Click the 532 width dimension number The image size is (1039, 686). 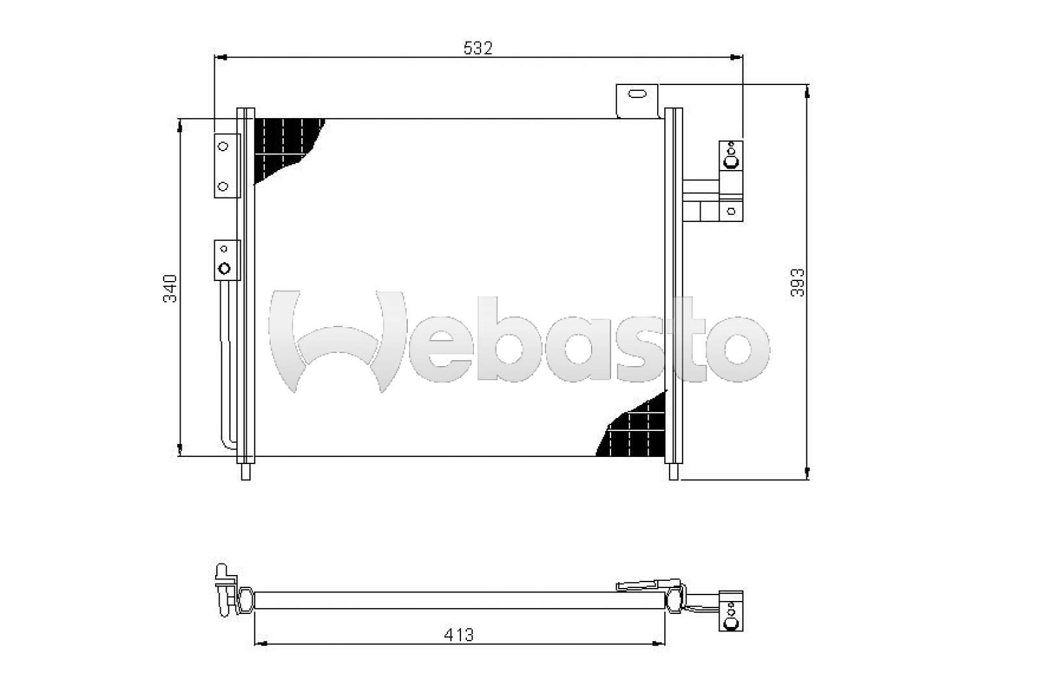[478, 48]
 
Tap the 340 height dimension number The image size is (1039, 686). [170, 288]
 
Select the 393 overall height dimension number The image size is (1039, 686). [797, 283]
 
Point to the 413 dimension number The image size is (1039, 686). [459, 634]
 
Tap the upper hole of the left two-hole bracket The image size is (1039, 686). [223, 147]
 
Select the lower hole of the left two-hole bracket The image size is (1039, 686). [223, 186]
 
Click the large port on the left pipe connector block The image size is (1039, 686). [225, 268]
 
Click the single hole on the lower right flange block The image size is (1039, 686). [731, 211]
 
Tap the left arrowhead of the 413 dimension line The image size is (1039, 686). [258, 644]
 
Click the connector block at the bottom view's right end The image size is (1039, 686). [731, 611]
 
